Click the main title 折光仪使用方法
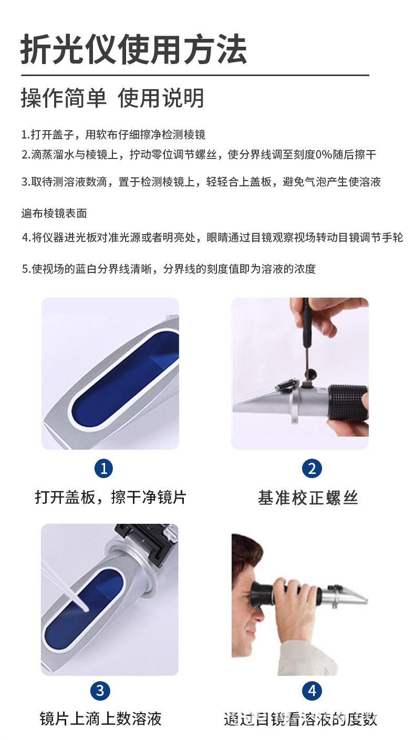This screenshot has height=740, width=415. click(133, 49)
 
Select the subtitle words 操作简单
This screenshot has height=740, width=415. click(64, 98)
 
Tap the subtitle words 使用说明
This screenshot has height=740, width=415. click(161, 98)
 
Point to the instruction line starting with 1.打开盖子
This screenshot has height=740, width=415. click(113, 135)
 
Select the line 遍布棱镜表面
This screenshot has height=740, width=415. click(54, 214)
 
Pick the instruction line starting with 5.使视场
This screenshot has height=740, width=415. click(169, 269)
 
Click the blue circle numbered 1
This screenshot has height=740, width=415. click(103, 468)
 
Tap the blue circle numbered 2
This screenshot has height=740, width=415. click(312, 468)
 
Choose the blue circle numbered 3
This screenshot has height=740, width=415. click(100, 691)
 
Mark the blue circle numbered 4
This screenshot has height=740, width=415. click(312, 691)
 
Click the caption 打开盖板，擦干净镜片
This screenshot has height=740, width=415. click(110, 497)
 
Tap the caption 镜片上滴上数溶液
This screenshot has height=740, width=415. click(100, 718)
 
